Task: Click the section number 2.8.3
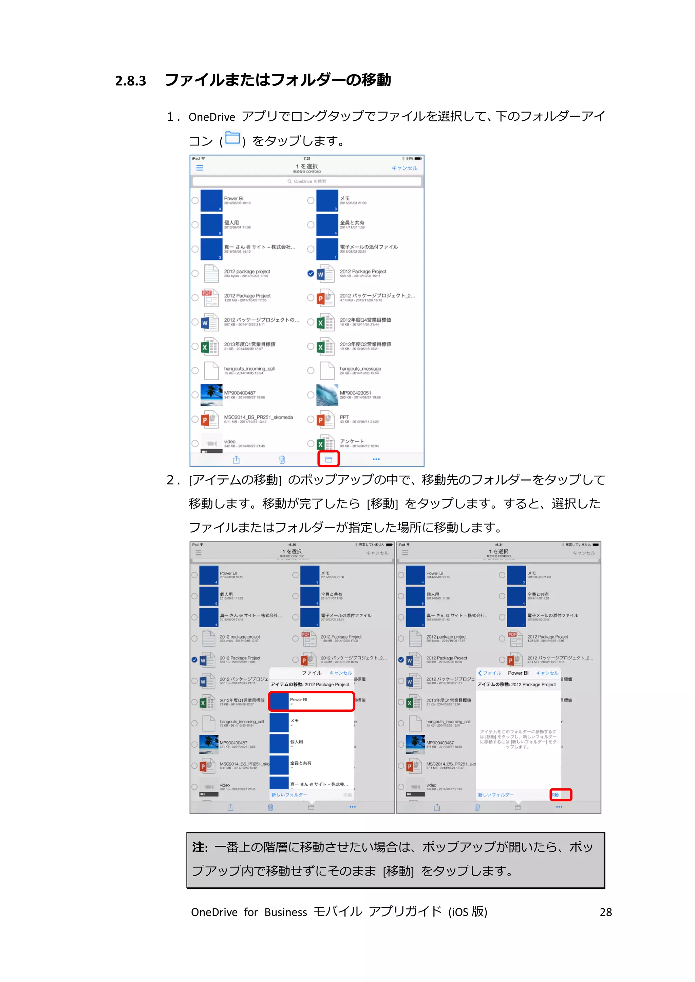coord(131,81)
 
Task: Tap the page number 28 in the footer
coord(605,912)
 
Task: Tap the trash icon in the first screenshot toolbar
coord(282,460)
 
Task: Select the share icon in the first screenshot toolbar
coord(236,460)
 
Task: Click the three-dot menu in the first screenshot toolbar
coord(376,459)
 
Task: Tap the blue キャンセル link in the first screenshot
coord(405,168)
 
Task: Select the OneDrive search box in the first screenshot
coord(306,181)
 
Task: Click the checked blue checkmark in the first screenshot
coord(311,274)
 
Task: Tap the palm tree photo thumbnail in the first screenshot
coord(211,395)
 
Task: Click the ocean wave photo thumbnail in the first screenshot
coord(327,395)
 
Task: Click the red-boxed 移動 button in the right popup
coord(560,795)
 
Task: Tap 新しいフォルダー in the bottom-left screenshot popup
coord(289,795)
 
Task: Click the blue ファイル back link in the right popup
coord(490,673)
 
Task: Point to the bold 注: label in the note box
coord(200,847)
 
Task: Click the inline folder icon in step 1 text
coord(232,138)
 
